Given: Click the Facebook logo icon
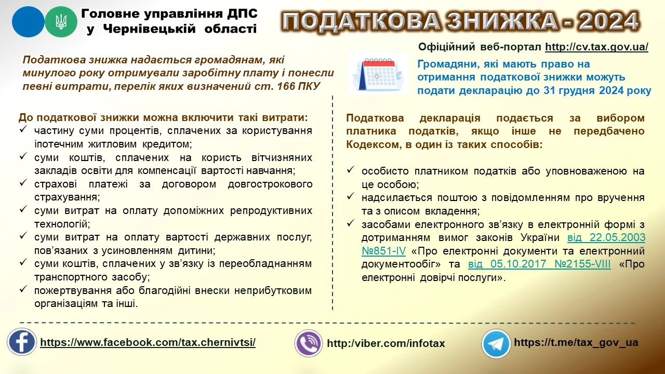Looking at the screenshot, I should click(22, 342).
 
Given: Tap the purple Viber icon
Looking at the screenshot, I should click(309, 343).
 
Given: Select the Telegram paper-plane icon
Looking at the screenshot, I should click(496, 343).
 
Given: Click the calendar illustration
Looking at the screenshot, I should click(378, 73).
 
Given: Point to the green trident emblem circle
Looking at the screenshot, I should click(61, 21).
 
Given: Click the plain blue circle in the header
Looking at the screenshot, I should click(28, 21).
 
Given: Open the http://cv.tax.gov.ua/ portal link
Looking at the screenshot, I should click(596, 47).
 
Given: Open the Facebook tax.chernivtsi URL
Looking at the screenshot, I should click(148, 342).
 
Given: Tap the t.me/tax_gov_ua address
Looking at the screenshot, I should click(576, 342).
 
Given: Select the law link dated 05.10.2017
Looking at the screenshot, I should click(540, 264).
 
